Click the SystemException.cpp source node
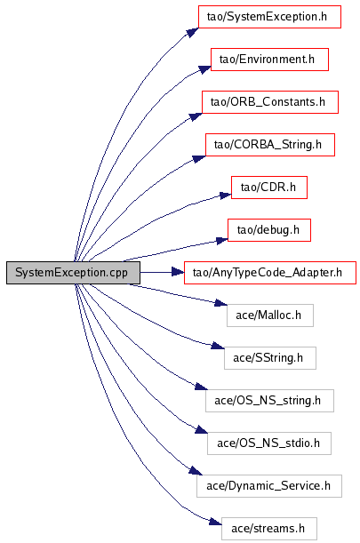point(73,273)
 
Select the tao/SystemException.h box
point(269,17)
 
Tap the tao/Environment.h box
point(269,60)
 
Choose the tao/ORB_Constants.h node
point(270,102)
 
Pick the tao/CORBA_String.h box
point(270,145)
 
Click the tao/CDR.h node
point(269,188)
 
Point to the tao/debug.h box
point(269,230)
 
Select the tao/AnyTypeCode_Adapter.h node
point(270,273)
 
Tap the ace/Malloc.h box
point(270,315)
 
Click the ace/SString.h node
point(270,358)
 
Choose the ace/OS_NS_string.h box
point(269,401)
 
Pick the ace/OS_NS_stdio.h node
point(269,443)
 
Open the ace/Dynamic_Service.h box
point(269,486)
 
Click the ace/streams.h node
point(269,529)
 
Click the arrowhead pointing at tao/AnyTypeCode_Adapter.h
point(178,273)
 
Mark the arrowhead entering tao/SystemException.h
point(192,32)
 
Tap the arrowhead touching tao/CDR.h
point(225,196)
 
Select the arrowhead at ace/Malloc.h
point(221,303)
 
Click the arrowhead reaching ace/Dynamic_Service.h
point(196,471)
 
